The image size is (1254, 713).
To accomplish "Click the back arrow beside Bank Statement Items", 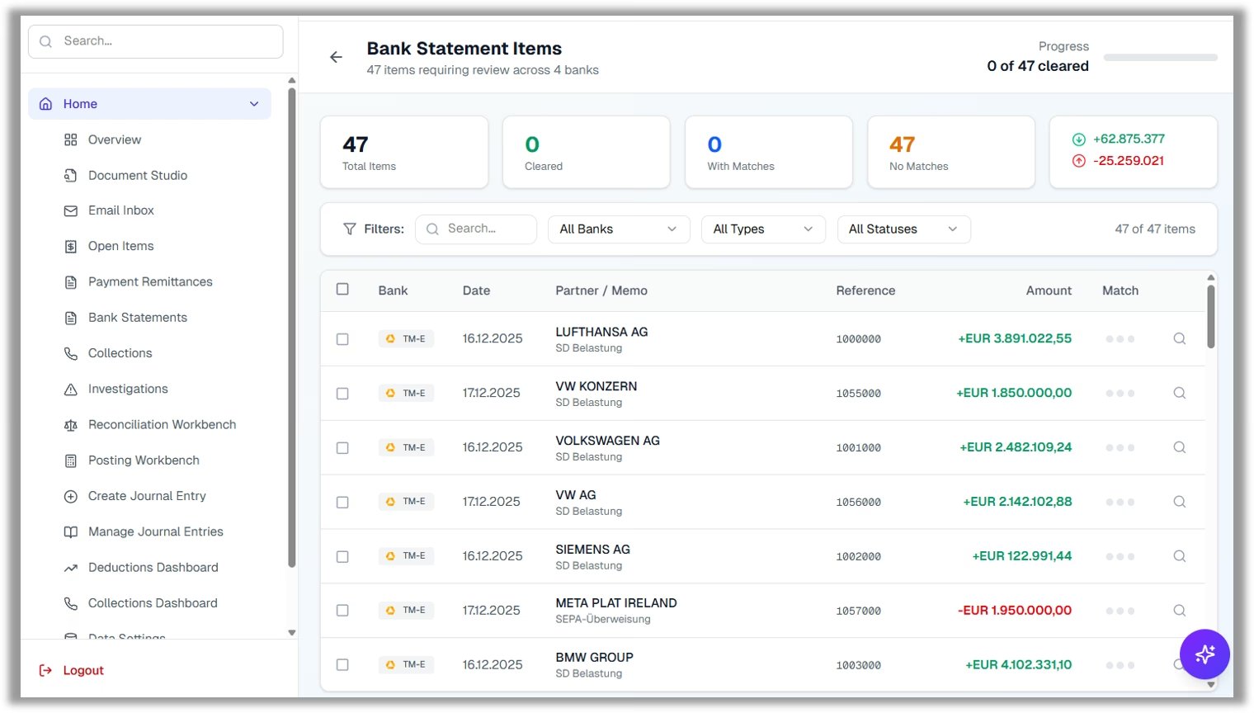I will click(x=336, y=57).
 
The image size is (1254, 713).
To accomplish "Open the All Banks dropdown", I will click(x=618, y=229).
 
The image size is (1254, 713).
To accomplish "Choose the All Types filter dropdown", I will click(x=762, y=229).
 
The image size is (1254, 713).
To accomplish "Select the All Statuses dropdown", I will click(x=903, y=229).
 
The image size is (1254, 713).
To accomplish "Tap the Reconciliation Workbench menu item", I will click(x=162, y=425).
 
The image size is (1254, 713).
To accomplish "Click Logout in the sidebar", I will click(x=82, y=671).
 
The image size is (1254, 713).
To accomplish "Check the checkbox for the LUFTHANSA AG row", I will click(x=342, y=339).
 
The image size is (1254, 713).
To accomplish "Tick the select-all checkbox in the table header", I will click(x=342, y=290).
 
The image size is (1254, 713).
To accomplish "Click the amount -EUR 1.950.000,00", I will click(x=1014, y=611).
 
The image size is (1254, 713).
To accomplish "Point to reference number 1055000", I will click(x=858, y=394).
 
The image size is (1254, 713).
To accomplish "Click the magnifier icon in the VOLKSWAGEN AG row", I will click(x=1179, y=447).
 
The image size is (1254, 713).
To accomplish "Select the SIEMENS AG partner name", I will click(x=592, y=550).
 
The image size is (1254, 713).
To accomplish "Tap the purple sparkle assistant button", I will click(x=1204, y=654).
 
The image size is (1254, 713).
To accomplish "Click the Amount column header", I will click(x=1048, y=290).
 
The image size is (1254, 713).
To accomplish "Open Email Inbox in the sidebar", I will click(x=121, y=210).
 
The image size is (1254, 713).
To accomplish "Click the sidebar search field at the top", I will click(x=156, y=41).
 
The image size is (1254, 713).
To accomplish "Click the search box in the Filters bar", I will click(x=477, y=229).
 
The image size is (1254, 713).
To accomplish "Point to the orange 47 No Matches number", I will click(x=902, y=145).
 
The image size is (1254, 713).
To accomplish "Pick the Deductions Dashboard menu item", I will click(x=153, y=568).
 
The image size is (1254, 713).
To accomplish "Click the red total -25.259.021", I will click(x=1128, y=161).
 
